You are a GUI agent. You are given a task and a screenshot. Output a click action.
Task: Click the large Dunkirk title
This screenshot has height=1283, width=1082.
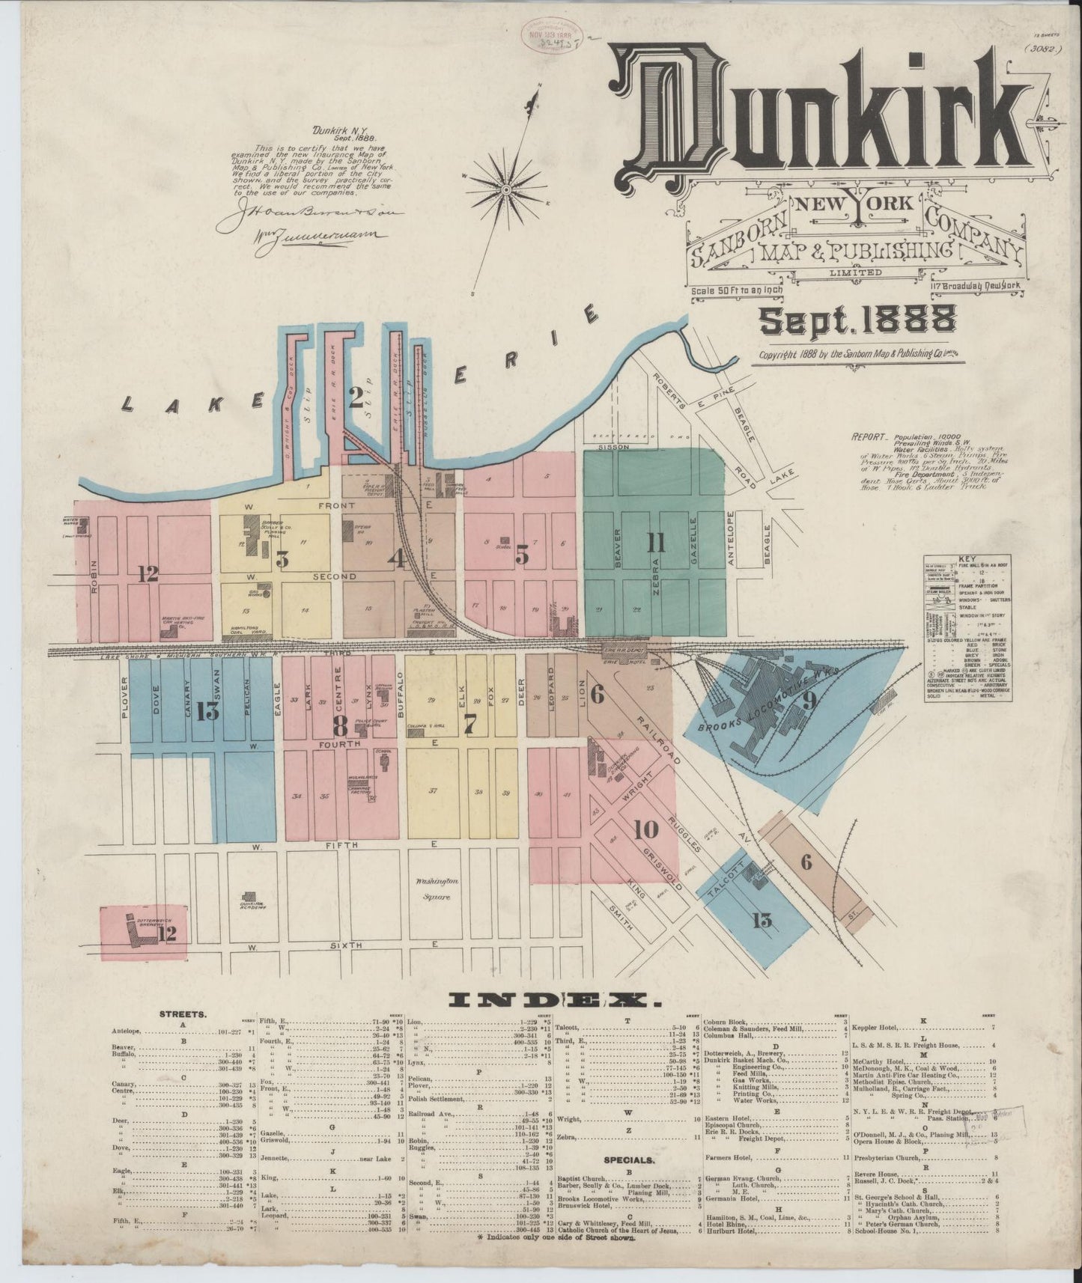point(816,120)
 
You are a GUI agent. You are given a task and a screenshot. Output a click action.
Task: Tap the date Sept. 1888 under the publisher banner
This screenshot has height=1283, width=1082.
point(857,320)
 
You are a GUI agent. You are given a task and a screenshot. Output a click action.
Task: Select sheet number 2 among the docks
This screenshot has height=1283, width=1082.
point(355,396)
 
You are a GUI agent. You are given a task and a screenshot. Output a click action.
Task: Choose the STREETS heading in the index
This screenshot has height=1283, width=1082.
point(183,1014)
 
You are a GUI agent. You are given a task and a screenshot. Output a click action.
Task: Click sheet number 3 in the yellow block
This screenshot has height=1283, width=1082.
point(282,558)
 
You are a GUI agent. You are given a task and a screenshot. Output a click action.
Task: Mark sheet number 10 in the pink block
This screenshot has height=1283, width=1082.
point(645,829)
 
